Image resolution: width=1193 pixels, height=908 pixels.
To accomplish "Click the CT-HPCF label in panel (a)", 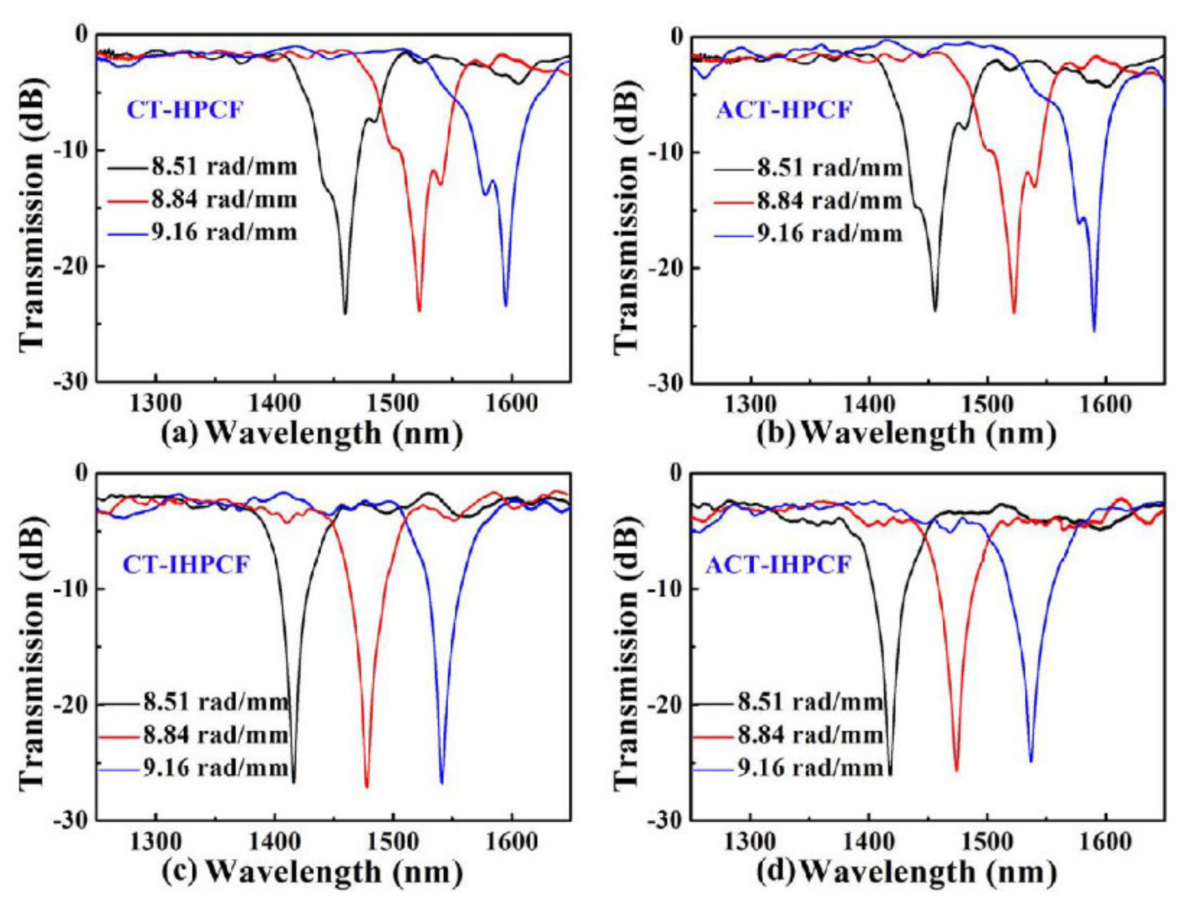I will (x=185, y=110).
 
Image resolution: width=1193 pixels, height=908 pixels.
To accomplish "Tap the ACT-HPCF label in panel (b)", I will (x=784, y=110).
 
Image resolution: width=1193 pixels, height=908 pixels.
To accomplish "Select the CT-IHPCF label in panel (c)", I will (x=186, y=565).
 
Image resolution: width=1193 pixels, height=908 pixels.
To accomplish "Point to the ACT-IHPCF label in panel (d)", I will (x=779, y=565).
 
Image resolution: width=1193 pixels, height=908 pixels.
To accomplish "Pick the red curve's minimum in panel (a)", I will (x=419, y=310).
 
